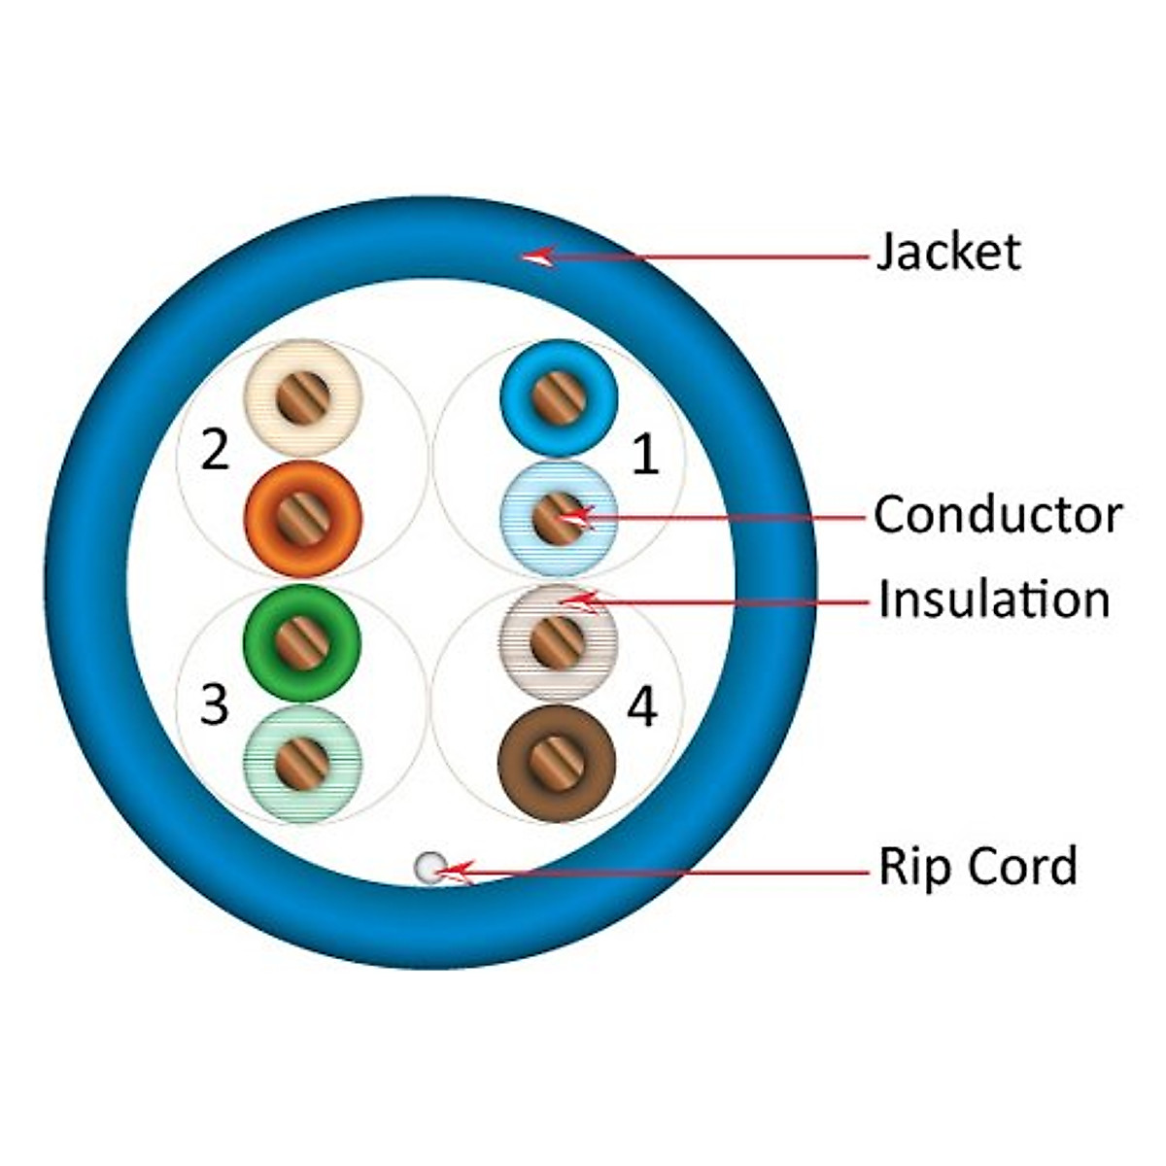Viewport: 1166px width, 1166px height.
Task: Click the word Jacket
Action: pos(948,252)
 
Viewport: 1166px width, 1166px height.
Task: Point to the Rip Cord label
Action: pos(977,866)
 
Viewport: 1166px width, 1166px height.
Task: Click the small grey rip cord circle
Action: pos(429,867)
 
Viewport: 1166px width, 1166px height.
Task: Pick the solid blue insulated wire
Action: pos(559,396)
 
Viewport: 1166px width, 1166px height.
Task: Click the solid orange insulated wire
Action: pos(302,517)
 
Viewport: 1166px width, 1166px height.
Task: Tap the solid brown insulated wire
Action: pos(557,763)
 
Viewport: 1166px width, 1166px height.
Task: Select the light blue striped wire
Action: pos(558,517)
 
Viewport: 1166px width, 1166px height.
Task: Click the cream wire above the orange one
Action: pos(302,396)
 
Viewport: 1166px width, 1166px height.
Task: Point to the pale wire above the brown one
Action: pos(558,641)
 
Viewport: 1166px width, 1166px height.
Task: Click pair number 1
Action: pos(644,455)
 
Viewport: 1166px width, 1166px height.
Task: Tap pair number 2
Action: pos(215,450)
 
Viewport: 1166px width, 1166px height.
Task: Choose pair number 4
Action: pos(642,706)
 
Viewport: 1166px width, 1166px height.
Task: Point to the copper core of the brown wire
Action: pos(557,763)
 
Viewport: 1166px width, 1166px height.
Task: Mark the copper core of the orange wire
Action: pos(302,517)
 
